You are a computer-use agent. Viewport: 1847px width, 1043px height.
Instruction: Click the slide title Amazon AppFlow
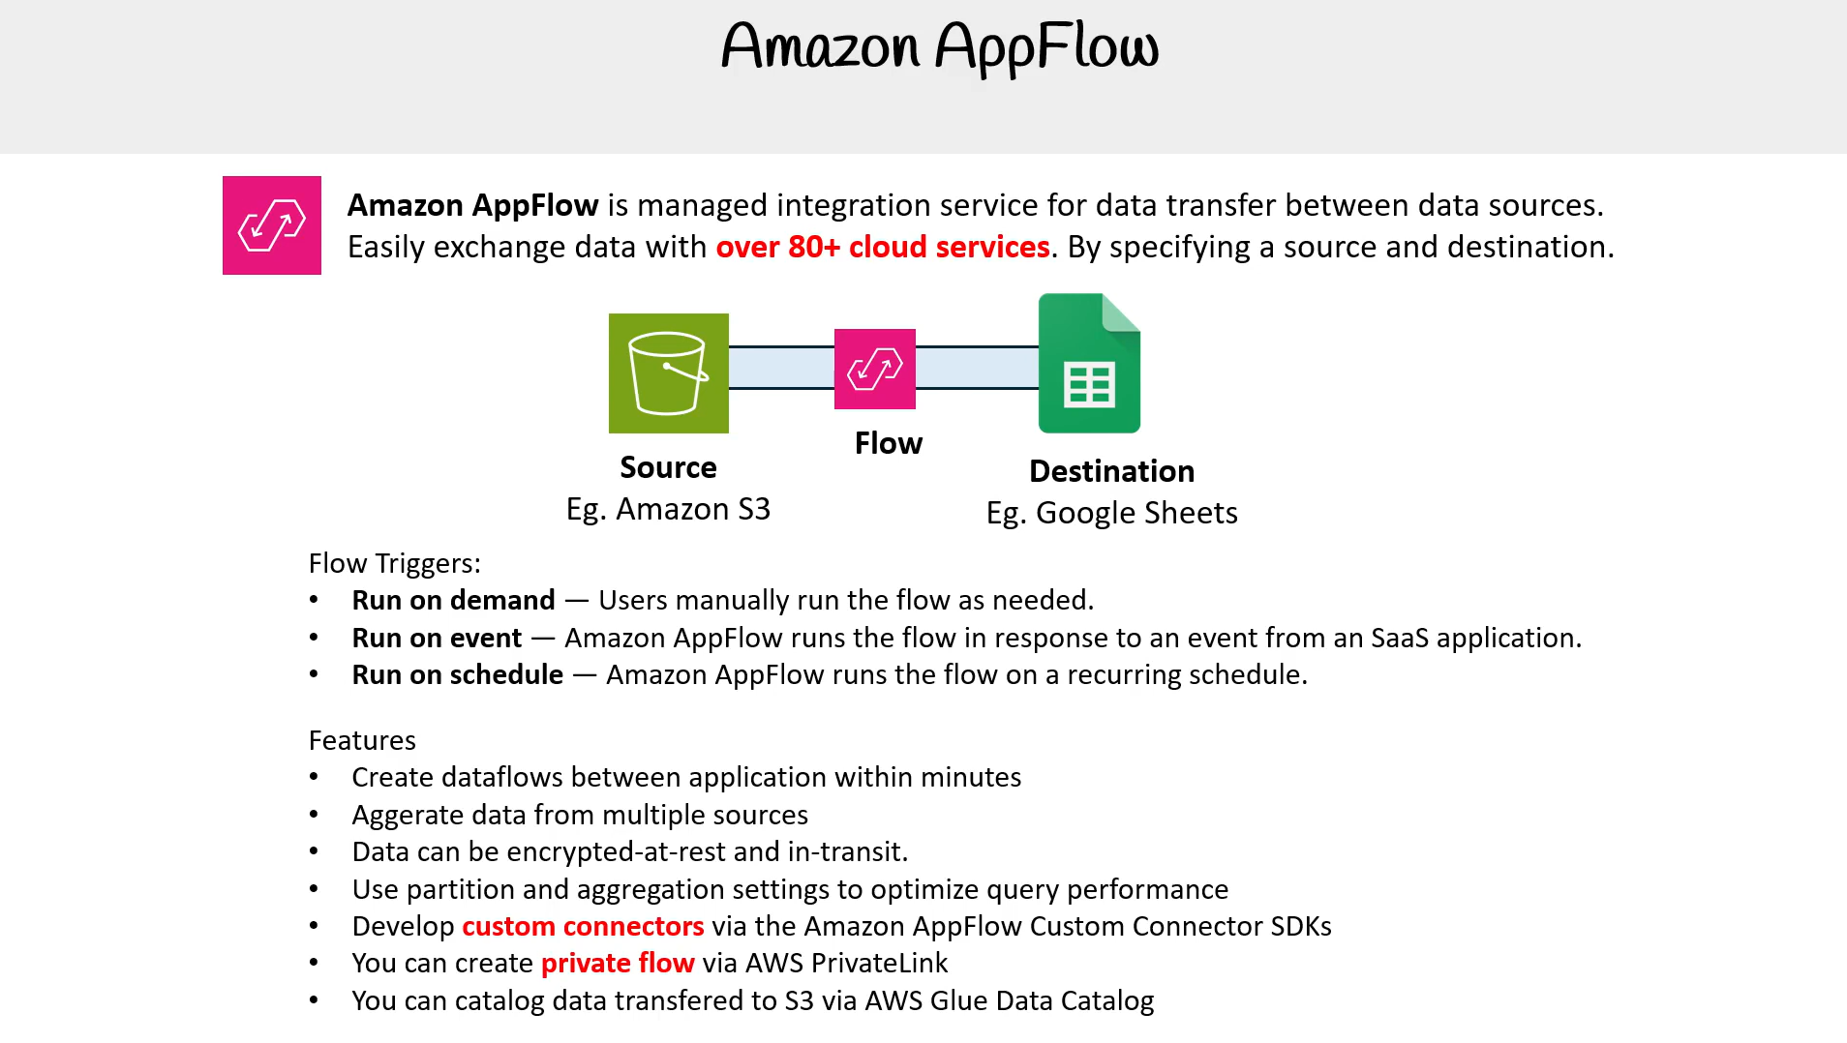[940, 46]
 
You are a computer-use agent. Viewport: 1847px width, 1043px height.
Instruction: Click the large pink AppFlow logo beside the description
[272, 225]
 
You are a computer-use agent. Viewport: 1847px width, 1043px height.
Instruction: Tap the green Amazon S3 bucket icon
[669, 373]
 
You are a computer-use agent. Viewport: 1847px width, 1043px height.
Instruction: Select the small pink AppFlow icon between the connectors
[875, 369]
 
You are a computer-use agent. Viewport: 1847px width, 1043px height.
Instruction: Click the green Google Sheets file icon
[1089, 363]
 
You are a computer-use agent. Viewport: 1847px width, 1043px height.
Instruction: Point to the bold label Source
[668, 467]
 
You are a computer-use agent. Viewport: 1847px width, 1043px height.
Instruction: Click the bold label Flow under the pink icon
[889, 443]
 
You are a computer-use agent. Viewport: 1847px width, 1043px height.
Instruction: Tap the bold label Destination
[1111, 471]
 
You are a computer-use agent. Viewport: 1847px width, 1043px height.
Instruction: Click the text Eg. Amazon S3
[668, 509]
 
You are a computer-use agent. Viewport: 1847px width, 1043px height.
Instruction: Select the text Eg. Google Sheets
[1111, 513]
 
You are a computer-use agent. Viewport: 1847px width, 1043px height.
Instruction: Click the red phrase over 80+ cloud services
[883, 247]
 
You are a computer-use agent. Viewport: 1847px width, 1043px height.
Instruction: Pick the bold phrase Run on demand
[453, 600]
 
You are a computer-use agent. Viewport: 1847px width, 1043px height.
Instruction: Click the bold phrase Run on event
[437, 638]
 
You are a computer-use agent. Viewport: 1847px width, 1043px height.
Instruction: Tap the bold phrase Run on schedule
[457, 674]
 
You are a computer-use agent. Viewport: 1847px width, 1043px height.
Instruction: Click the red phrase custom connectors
[583, 926]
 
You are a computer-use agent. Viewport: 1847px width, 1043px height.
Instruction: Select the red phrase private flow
[618, 963]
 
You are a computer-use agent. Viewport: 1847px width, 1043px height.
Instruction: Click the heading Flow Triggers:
[395, 563]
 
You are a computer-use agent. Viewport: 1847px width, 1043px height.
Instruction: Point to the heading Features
[362, 740]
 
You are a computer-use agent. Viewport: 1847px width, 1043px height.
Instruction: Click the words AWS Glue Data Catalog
[1009, 1000]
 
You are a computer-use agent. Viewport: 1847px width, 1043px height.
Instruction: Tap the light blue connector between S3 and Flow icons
[781, 368]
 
